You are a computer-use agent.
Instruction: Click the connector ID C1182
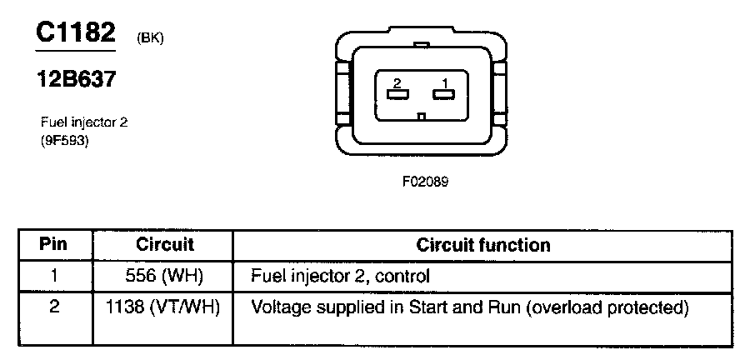pos(74,32)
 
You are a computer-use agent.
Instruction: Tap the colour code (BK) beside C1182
pos(148,37)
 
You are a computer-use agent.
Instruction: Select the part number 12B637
pos(74,80)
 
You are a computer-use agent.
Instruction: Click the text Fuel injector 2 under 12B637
pos(84,122)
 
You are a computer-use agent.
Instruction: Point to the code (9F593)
pos(65,141)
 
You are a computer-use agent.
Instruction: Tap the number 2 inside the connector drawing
pos(397,82)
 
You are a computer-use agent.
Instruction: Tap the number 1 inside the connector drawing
pos(446,82)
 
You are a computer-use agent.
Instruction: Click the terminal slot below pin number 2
pos(397,94)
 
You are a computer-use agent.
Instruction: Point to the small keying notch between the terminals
pos(422,116)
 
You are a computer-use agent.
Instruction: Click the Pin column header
pos(53,245)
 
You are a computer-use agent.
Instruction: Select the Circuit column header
pos(164,245)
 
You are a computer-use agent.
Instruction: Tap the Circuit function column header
pos(483,245)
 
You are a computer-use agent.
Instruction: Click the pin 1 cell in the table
pos(53,274)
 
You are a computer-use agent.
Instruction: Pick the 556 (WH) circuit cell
pos(164,274)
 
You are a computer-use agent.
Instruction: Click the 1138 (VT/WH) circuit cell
pos(164,307)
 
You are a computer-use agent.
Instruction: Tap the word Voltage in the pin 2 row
pos(279,307)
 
